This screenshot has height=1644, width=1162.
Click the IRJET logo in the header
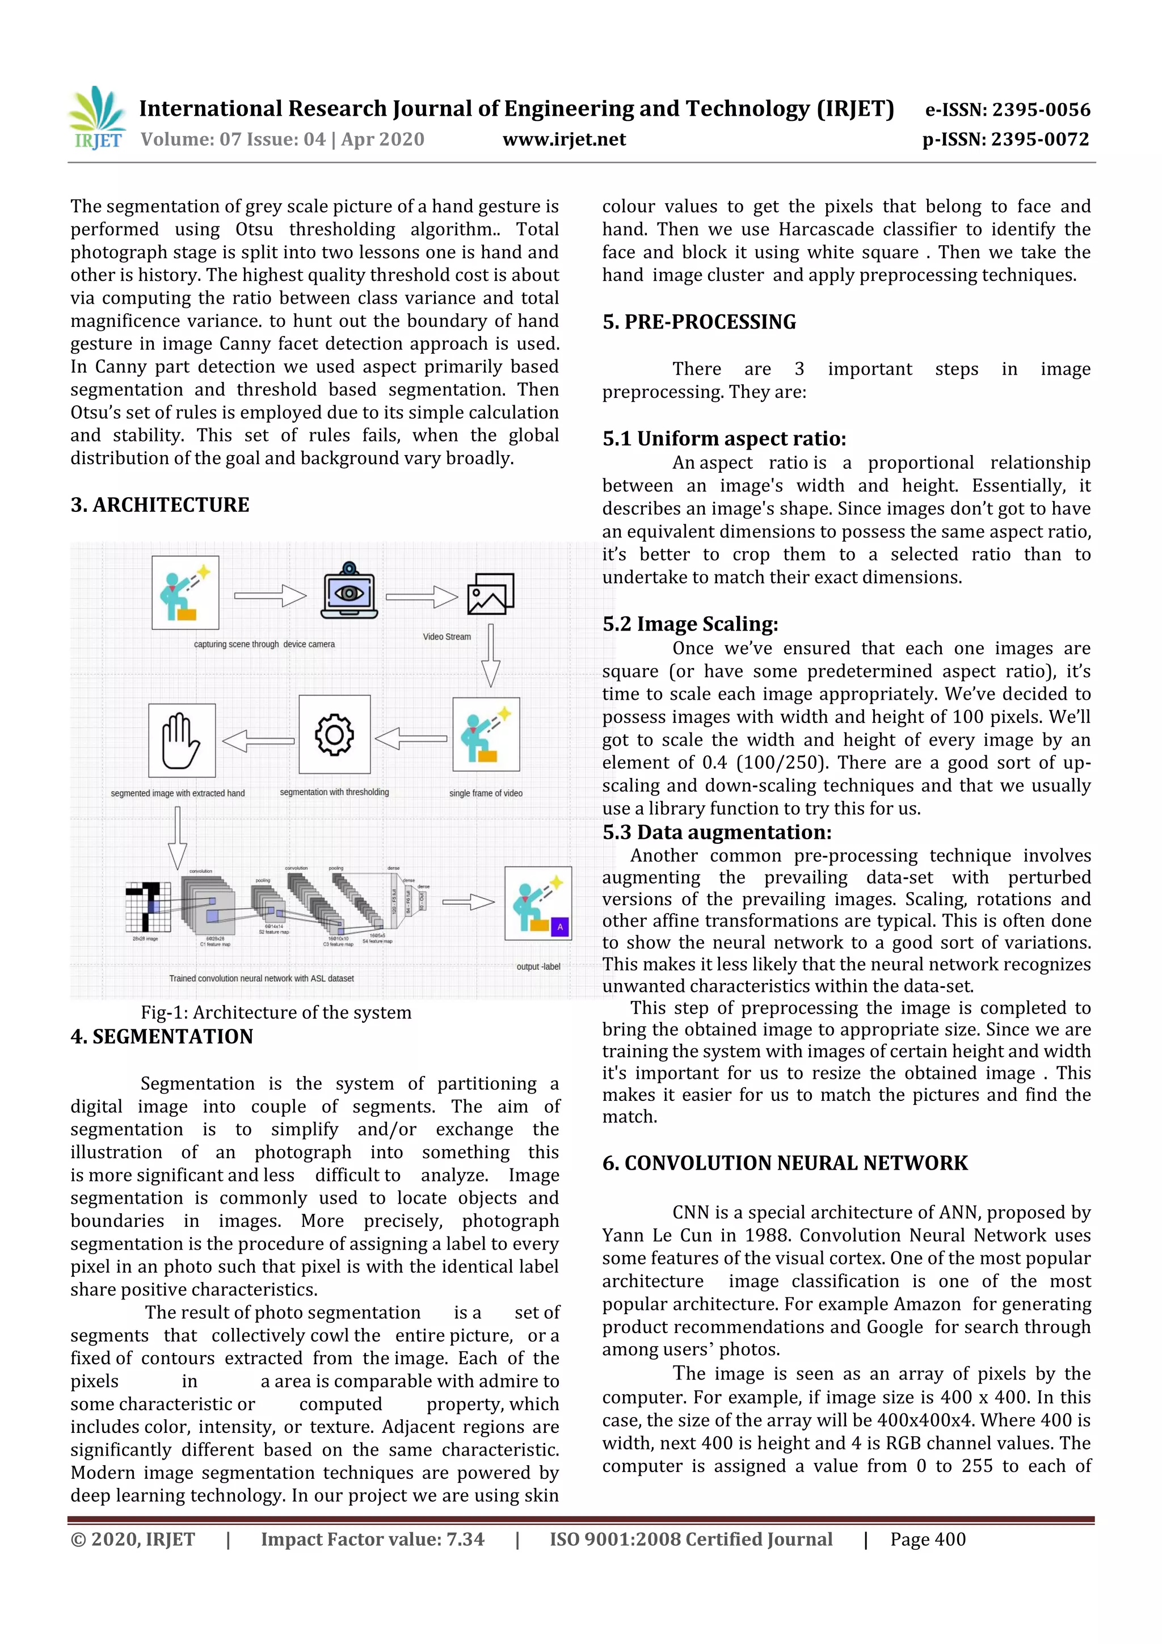[96, 118]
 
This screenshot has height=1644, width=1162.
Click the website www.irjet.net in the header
[564, 140]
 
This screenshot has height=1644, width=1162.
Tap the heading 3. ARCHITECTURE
[159, 505]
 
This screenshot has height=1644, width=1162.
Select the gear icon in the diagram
[334, 735]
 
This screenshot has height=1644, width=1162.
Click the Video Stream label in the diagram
[447, 637]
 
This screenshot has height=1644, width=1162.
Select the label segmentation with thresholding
[334, 792]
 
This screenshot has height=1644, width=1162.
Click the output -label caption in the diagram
[538, 966]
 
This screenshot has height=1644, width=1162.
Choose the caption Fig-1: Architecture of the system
[276, 1012]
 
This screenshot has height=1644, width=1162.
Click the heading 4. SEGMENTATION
[162, 1037]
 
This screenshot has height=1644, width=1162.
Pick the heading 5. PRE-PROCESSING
[699, 322]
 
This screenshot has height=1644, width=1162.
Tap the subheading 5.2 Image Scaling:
[690, 624]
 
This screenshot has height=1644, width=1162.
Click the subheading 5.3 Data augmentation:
[717, 832]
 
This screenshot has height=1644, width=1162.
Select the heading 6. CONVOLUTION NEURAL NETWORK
[785, 1163]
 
